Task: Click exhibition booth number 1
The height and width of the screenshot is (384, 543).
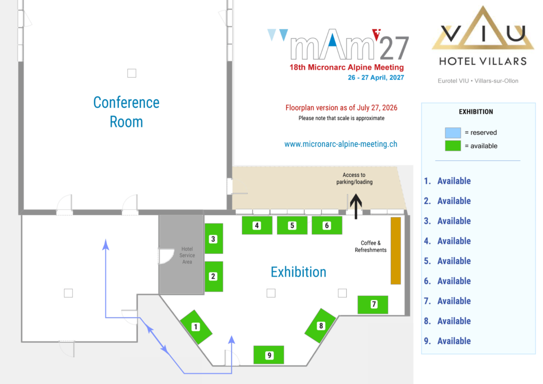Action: click(196, 327)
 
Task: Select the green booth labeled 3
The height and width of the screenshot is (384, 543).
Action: click(214, 238)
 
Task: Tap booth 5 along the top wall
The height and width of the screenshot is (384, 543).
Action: click(292, 226)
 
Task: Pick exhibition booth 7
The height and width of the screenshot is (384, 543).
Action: click(373, 304)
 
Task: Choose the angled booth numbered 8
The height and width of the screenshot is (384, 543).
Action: click(321, 326)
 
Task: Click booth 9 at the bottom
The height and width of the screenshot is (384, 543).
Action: click(269, 355)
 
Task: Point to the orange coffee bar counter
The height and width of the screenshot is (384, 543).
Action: click(396, 251)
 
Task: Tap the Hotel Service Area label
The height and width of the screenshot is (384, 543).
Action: click(187, 255)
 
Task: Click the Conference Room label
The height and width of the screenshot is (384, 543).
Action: click(126, 112)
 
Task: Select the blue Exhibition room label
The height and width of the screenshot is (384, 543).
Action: click(299, 272)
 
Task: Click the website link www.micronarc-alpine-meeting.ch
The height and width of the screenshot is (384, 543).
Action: click(341, 144)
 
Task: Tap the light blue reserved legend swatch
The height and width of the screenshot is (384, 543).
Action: click(453, 132)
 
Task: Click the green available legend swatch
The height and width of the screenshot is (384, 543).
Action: click(453, 146)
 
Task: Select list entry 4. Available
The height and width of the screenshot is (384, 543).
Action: click(448, 241)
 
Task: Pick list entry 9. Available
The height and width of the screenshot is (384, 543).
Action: click(448, 341)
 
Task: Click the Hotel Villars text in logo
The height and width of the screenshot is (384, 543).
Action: click(483, 62)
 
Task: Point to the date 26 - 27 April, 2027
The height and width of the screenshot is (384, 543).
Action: click(376, 78)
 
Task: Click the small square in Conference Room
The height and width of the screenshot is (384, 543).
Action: click(132, 73)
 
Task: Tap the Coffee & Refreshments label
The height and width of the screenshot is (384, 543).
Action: click(371, 246)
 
